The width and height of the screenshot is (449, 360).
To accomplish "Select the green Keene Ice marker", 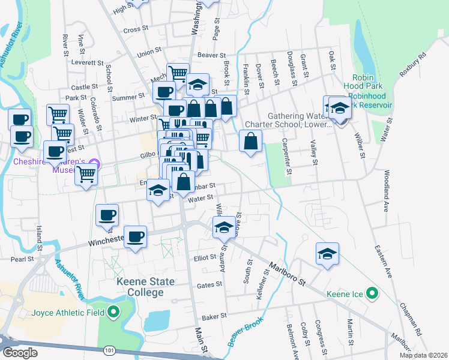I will (372, 294).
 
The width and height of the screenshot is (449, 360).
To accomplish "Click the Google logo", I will (20, 353).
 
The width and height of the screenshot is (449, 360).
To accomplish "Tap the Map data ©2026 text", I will (423, 355).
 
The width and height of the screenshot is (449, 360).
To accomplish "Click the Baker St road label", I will (214, 316).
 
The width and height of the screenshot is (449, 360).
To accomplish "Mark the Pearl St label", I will (22, 259).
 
